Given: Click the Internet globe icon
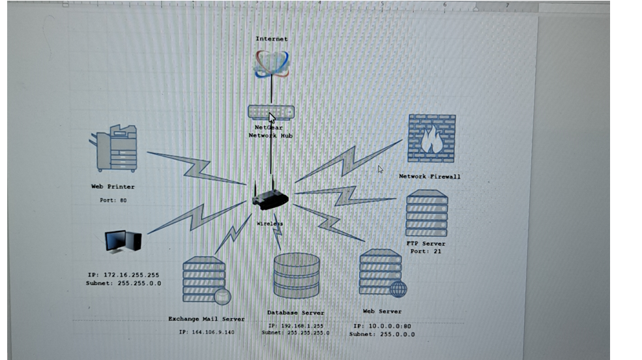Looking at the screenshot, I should point(271,63).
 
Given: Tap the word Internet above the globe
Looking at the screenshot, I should point(271,39).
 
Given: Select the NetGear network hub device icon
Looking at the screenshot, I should point(270,112).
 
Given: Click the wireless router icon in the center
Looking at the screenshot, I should point(270,199).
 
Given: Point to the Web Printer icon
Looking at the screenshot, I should point(114,149).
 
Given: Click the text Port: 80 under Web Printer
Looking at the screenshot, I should point(113,200).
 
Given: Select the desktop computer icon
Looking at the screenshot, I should point(123,242).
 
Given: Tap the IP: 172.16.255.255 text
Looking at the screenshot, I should point(123,275).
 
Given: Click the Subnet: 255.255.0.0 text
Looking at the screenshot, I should point(123,283).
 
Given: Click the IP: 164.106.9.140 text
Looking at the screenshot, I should point(207,332).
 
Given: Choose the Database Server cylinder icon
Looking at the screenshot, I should point(297,276).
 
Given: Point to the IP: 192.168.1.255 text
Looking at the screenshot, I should point(296,325).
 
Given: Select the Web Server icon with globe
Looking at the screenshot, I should point(382,273).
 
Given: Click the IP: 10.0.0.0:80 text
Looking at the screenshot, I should point(382,326).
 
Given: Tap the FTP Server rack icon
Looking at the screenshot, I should point(426,213).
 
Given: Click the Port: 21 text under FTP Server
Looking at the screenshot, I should point(426,251).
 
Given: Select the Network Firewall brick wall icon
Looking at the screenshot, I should point(431,138).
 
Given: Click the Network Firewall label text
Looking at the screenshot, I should point(430,177).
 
